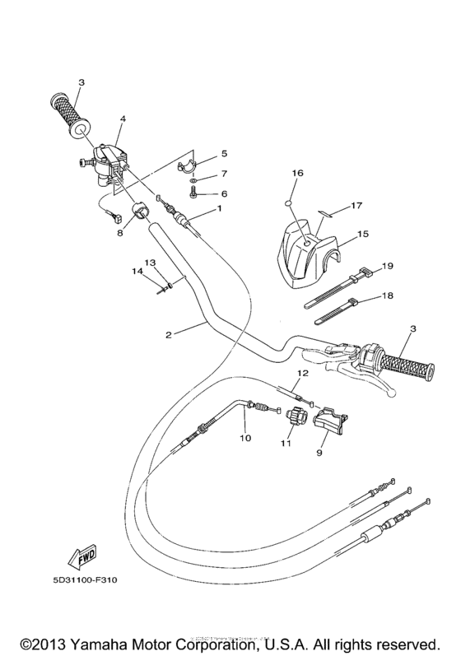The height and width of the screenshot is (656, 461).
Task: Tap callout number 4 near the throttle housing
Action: [x=122, y=119]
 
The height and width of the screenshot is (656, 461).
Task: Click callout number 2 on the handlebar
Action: [x=168, y=335]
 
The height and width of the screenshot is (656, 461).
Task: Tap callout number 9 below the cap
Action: [x=321, y=453]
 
